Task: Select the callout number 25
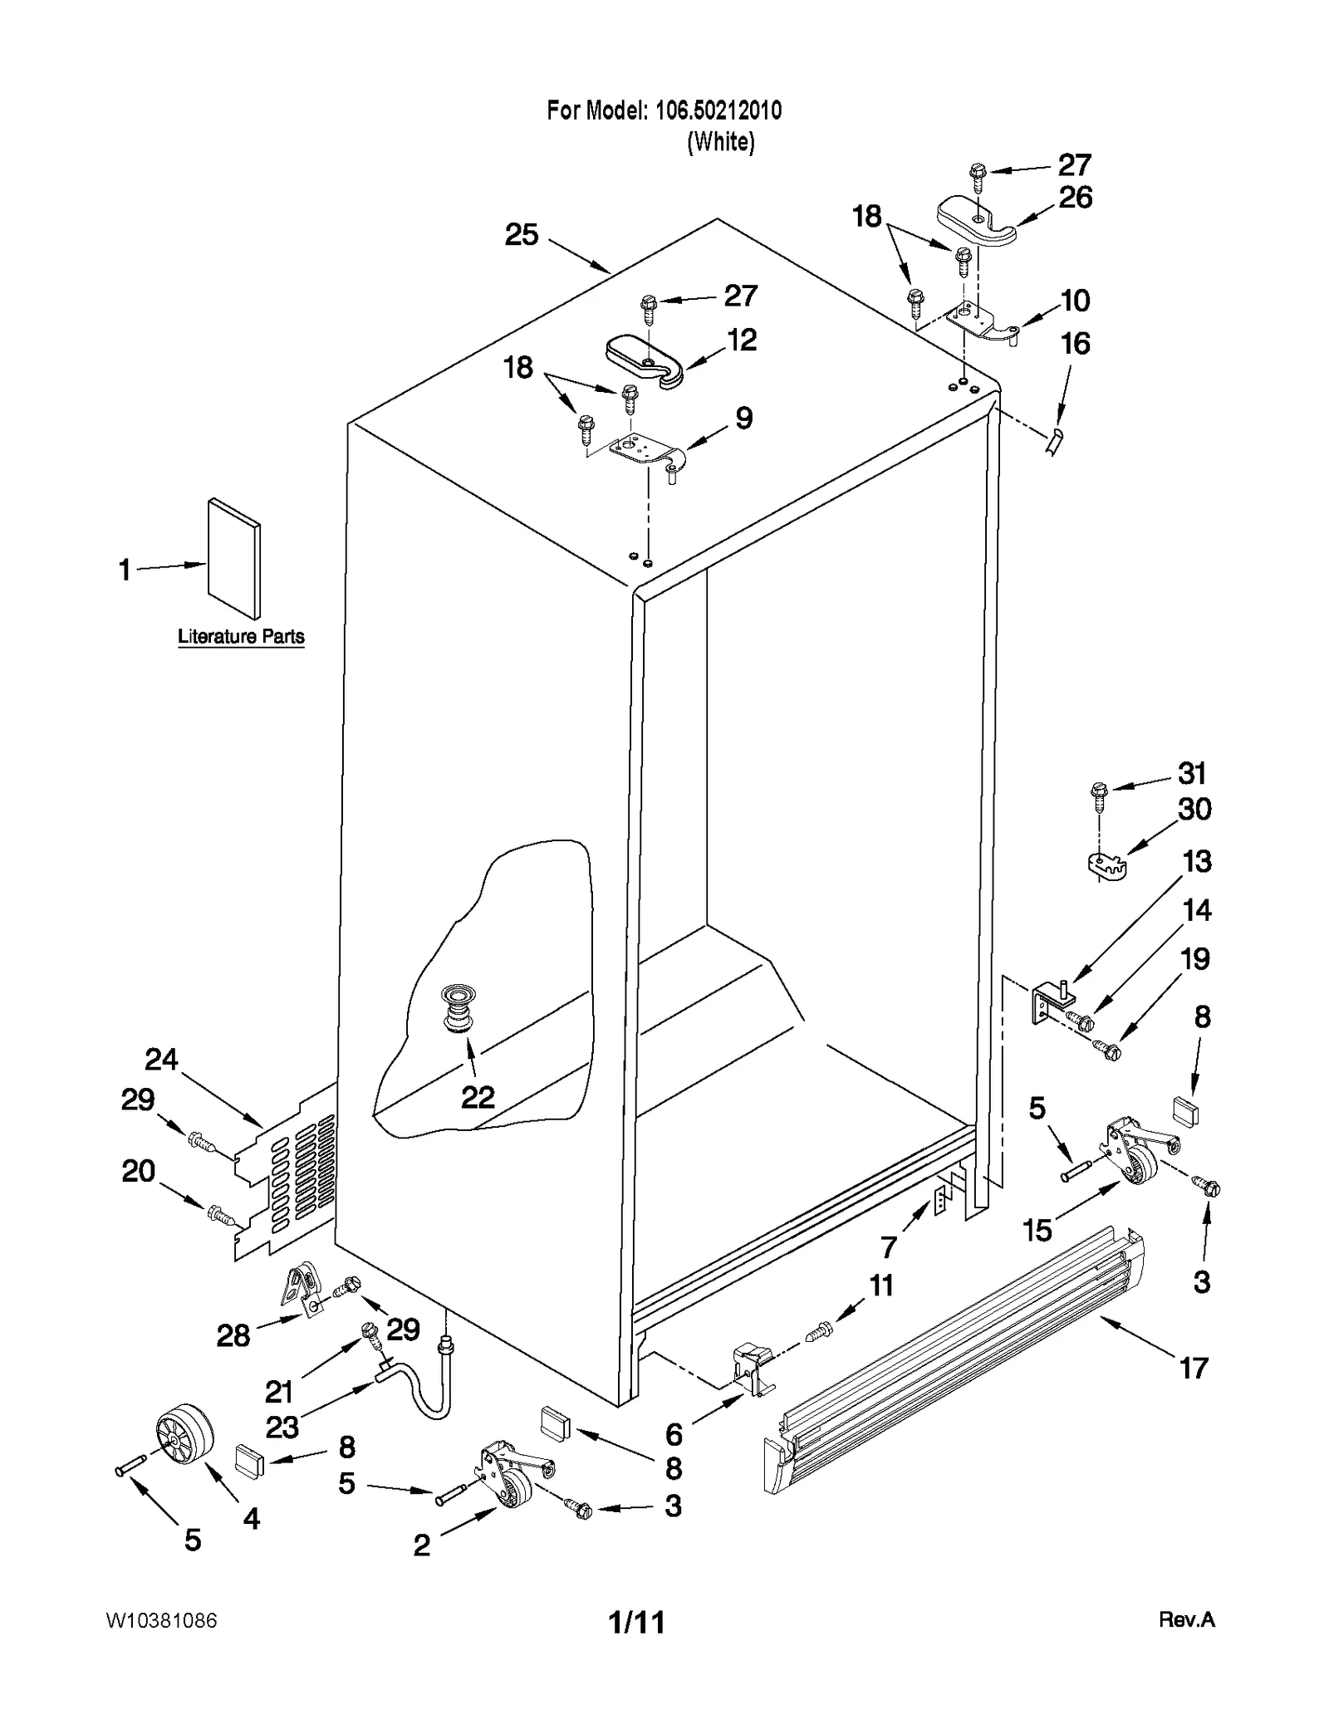point(522,235)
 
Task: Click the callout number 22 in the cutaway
point(478,1097)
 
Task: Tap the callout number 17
point(1194,1368)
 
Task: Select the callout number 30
point(1194,809)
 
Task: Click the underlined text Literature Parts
point(241,637)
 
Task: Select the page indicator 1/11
point(637,1622)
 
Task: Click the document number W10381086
point(162,1620)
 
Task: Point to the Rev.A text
point(1186,1619)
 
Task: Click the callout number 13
point(1196,861)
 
